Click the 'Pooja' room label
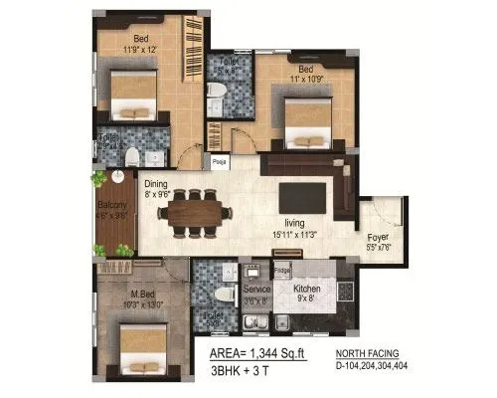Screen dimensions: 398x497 [x=218, y=160]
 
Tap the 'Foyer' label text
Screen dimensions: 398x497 [x=377, y=238]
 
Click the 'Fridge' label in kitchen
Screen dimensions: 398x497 [x=282, y=270]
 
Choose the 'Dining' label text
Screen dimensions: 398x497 [x=156, y=184]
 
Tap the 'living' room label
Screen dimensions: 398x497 [x=294, y=224]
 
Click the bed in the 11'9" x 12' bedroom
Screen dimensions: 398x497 [x=133, y=97]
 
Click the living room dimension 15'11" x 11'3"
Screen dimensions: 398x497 [x=297, y=235]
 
